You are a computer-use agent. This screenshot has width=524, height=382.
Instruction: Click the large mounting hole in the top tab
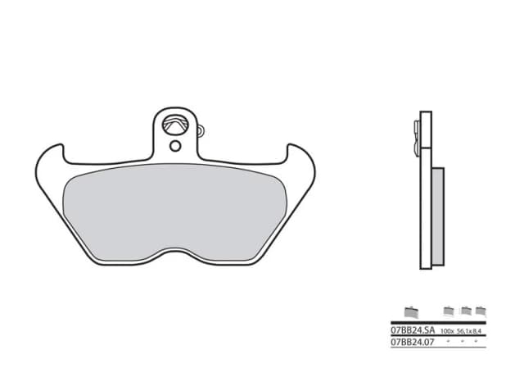coord(174,125)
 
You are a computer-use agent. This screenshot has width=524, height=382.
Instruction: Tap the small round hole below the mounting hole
coord(175,147)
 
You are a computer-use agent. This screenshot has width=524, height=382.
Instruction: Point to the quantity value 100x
coord(448,330)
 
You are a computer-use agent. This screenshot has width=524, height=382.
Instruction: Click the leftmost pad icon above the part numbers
coord(411,311)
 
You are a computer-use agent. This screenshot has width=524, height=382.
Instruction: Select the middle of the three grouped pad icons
coord(465,311)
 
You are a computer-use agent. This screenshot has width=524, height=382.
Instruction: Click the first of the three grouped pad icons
coord(448,311)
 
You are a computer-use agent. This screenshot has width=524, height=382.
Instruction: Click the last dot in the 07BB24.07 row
coord(477,339)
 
